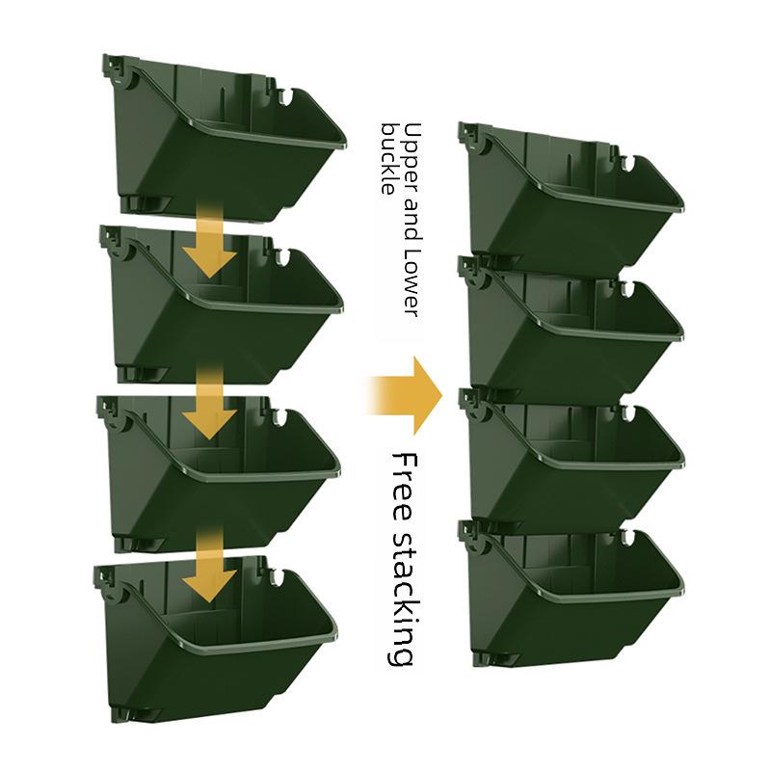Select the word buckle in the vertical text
pos(388,158)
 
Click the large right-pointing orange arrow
pos(405,394)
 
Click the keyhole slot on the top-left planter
pos(286,96)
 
